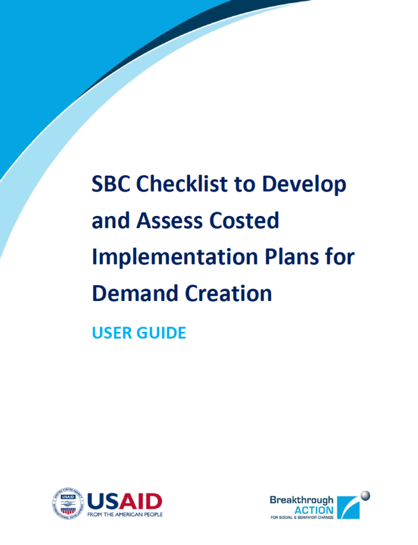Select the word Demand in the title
(133, 293)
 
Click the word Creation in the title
(229, 293)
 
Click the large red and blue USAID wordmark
(124, 500)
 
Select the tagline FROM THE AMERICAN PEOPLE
(125, 514)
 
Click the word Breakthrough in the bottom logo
(302, 499)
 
